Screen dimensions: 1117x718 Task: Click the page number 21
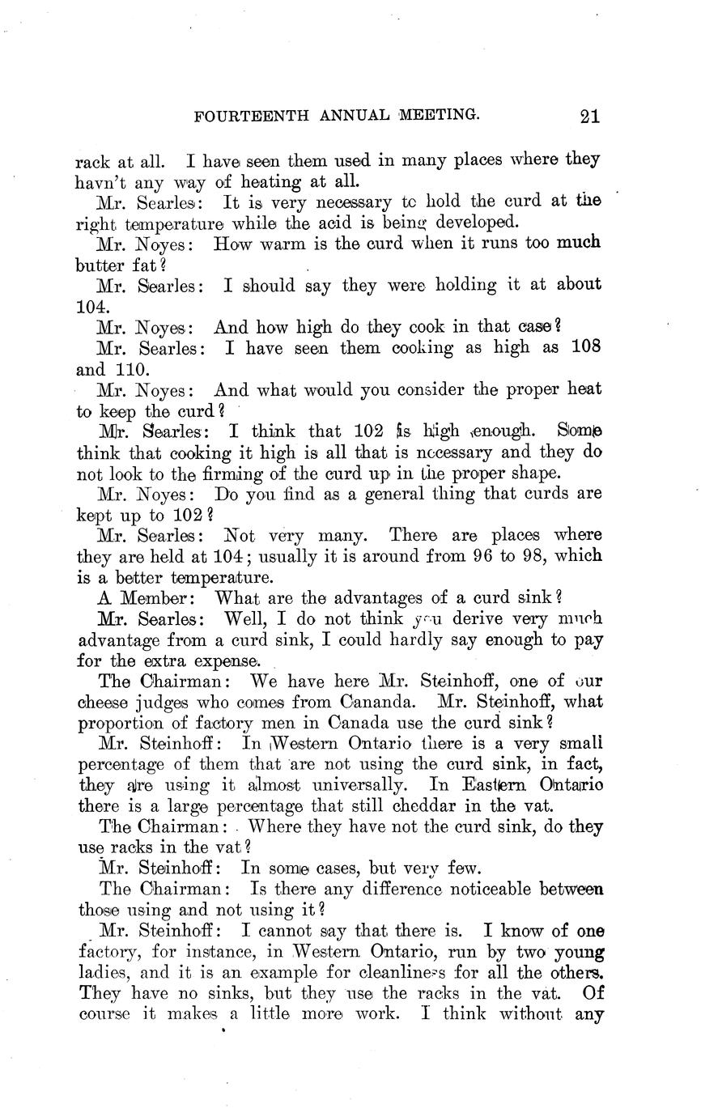pyautogui.click(x=589, y=117)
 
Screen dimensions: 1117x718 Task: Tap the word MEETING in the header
pyautogui.click(x=437, y=117)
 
